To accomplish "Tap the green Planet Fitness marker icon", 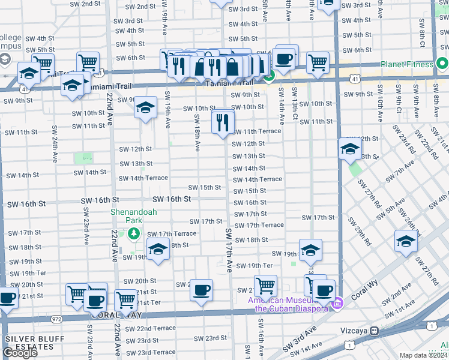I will pos(442,64).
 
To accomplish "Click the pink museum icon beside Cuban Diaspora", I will pos(338,305).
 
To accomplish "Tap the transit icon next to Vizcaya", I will pos(375,331).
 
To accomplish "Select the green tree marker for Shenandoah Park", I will pos(135,233).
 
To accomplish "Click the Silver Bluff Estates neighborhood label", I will pos(31,343).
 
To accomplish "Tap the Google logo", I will pos(20,353).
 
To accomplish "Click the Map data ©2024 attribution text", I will pos(424,355).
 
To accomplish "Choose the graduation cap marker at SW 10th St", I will pos(145,107).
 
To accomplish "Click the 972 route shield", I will pos(56,319).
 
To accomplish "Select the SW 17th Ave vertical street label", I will pos(228,250).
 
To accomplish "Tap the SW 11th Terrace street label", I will pos(256,131).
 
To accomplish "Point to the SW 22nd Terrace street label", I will pos(147,329).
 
